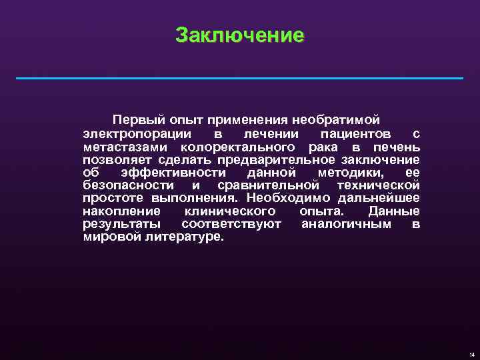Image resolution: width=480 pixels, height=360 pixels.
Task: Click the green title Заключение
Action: (x=239, y=35)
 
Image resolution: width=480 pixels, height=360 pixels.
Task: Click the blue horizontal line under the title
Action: (x=239, y=79)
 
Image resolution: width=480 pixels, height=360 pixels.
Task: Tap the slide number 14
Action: (x=471, y=354)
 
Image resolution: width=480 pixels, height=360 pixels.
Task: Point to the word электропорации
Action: (x=129, y=134)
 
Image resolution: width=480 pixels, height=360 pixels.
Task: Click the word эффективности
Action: (x=174, y=172)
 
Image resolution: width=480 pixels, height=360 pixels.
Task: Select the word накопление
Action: (x=120, y=211)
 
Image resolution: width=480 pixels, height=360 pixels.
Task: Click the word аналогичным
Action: (x=347, y=223)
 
